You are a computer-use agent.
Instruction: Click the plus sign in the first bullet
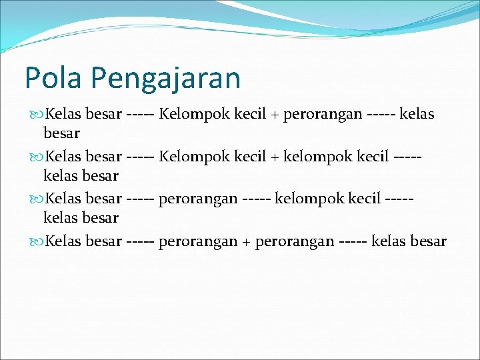(x=274, y=115)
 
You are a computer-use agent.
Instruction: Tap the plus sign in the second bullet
(x=274, y=157)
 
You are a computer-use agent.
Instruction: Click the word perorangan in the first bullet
(x=323, y=115)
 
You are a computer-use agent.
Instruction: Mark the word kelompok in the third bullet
(x=308, y=199)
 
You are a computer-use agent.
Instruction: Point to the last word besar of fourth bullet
(x=430, y=241)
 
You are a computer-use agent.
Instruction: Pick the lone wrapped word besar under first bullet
(x=62, y=133)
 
